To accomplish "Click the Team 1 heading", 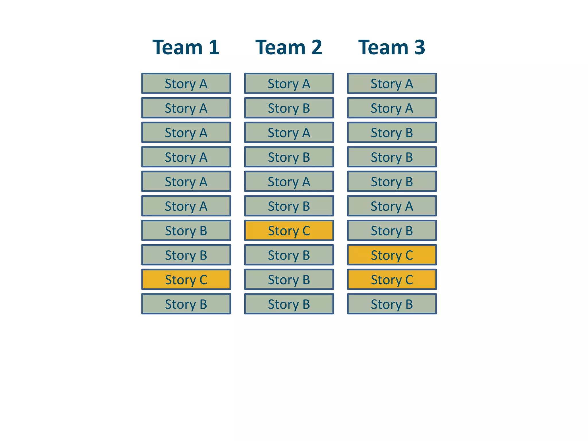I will click(186, 47).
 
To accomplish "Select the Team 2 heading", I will click(289, 47).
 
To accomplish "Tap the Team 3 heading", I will click(392, 47).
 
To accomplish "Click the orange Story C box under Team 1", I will click(186, 279).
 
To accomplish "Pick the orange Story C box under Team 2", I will click(289, 230).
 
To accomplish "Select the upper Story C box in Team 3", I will click(392, 255).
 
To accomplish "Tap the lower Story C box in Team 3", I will click(392, 279).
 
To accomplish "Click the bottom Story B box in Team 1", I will click(186, 304).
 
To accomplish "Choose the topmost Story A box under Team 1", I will click(186, 84).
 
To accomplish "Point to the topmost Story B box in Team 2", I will click(289, 108).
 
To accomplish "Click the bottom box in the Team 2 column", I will click(289, 304).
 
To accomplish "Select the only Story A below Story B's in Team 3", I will click(392, 206).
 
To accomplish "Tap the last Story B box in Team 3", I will click(392, 304).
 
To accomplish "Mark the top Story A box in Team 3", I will click(392, 84).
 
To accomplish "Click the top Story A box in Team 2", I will click(289, 84).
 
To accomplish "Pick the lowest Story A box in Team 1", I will click(186, 206).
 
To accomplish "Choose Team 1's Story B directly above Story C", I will click(186, 255).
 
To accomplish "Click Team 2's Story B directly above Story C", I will click(289, 206).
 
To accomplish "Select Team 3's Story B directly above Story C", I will click(392, 230).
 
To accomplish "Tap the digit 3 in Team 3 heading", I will click(419, 47).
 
